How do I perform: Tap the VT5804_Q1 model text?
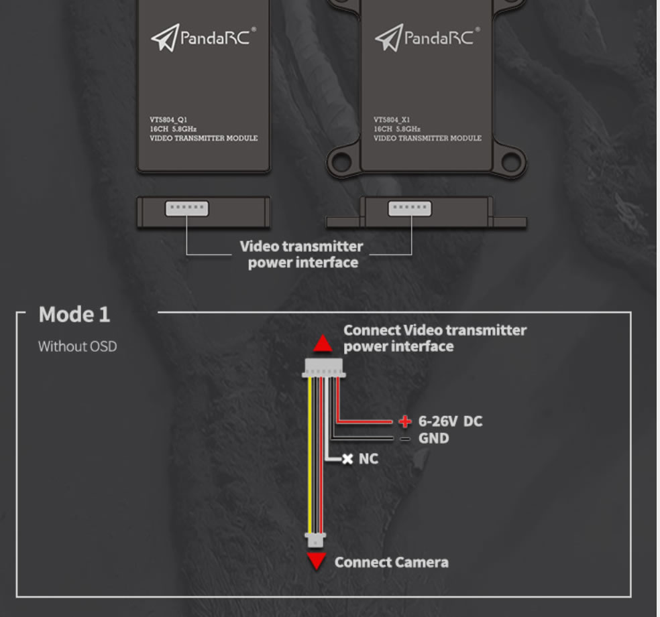tap(168, 120)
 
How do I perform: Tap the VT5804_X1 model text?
tap(392, 120)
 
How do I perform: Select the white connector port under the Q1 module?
tap(187, 208)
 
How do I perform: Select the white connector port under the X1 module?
tap(410, 208)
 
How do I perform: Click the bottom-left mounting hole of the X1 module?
tap(342, 161)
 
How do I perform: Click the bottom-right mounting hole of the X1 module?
tap(511, 161)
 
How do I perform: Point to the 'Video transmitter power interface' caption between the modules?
tap(302, 255)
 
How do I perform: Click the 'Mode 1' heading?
tap(74, 314)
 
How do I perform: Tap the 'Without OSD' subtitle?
tap(77, 346)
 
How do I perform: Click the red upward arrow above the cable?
tap(323, 343)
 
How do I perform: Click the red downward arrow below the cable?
tap(317, 561)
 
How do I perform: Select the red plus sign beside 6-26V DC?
tap(405, 421)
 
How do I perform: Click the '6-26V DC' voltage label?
tap(450, 421)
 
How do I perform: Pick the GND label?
tap(433, 438)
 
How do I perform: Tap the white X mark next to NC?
tap(347, 459)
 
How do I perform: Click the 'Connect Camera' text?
tap(392, 562)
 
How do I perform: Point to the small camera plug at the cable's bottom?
tap(316, 540)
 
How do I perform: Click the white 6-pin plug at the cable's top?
tap(324, 368)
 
